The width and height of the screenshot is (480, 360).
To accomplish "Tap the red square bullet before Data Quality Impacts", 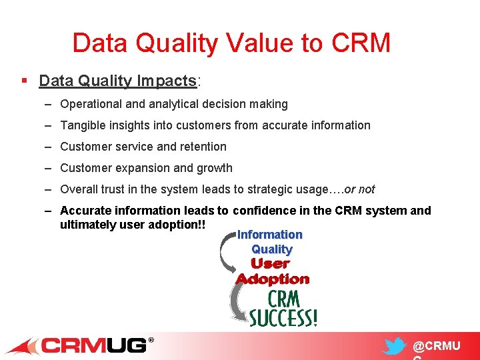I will pyautogui.click(x=24, y=81).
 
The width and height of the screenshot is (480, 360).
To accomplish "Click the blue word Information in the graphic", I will pyautogui.click(x=270, y=235).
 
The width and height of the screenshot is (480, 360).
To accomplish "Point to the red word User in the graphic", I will pyautogui.click(x=270, y=264).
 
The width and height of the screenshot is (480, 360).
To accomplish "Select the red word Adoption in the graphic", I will pyautogui.click(x=273, y=279).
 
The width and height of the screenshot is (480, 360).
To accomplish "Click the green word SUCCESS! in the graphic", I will pyautogui.click(x=283, y=318).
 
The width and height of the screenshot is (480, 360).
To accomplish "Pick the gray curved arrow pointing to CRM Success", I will pyautogui.click(x=237, y=303).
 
